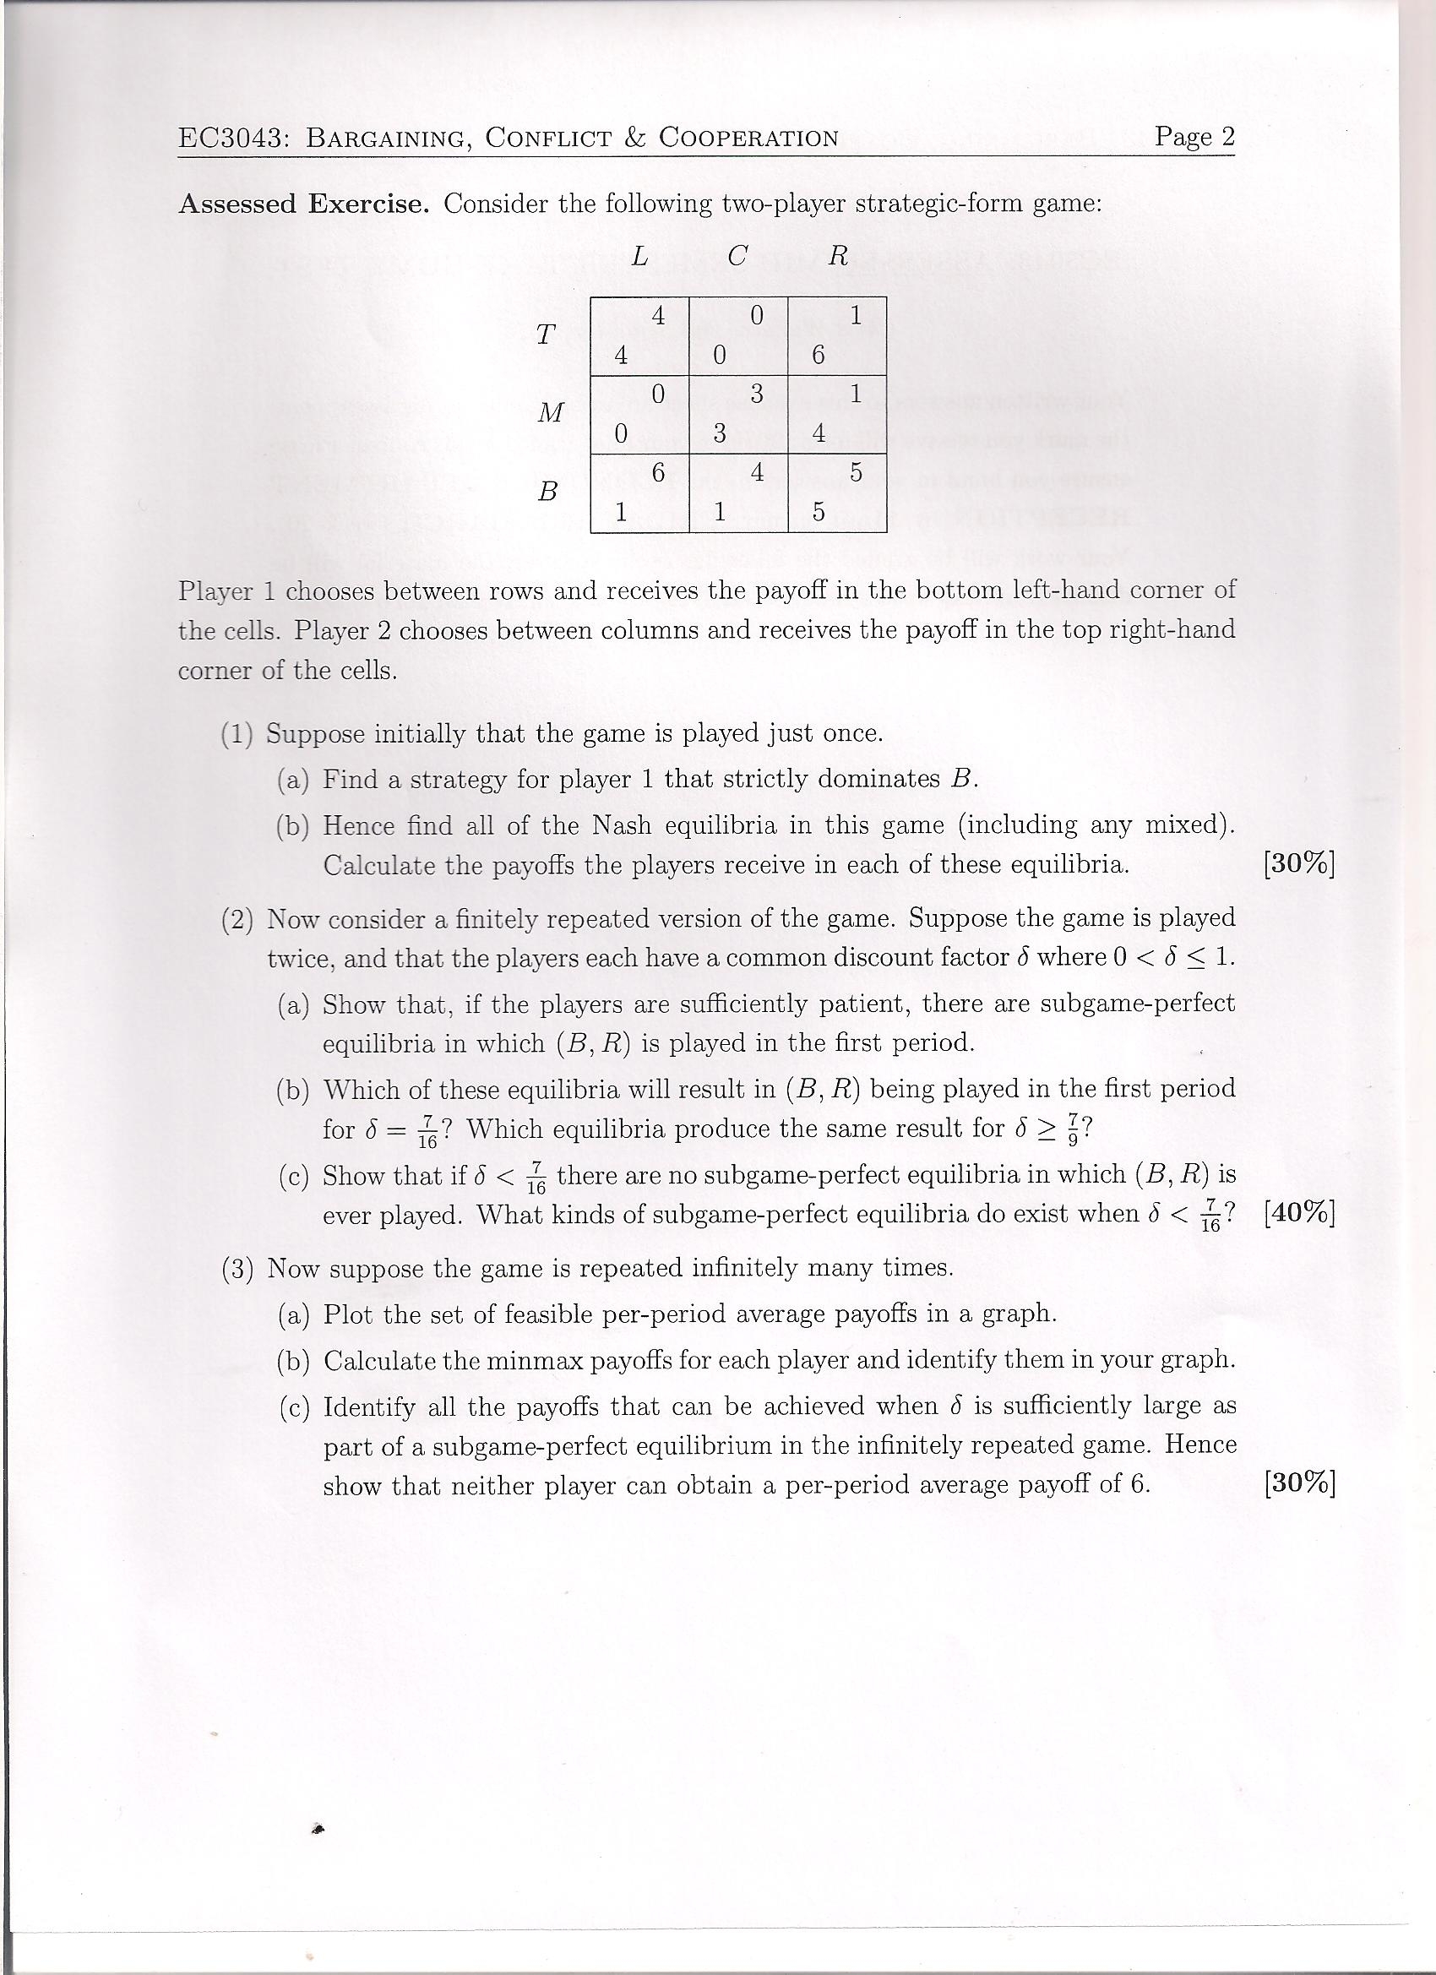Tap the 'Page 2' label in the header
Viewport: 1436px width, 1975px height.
1194,137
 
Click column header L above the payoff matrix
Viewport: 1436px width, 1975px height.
640,257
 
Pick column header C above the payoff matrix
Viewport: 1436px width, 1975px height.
737,257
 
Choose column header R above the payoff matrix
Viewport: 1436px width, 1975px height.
838,257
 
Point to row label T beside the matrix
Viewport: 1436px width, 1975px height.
546,335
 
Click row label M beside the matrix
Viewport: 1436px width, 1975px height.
551,412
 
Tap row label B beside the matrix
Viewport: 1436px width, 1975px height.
547,492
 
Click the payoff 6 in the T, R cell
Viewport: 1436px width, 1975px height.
818,356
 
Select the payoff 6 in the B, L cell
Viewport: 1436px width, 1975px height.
658,473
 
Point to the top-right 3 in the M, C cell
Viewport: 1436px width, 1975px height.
757,394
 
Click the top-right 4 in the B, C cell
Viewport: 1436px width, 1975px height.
757,473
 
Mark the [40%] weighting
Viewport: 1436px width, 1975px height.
1298,1213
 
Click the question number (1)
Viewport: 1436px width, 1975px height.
237,734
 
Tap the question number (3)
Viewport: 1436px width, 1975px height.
237,1269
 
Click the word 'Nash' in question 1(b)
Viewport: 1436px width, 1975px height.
617,824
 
